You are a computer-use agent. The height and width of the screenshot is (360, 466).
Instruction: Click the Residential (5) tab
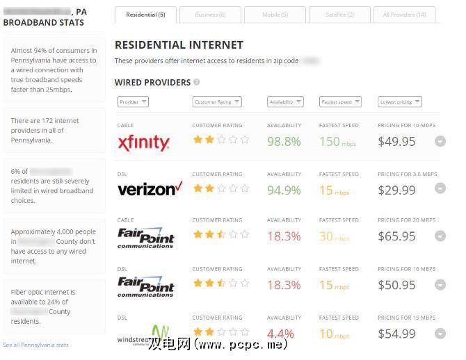click(146, 15)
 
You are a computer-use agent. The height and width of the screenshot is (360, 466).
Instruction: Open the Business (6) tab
click(210, 15)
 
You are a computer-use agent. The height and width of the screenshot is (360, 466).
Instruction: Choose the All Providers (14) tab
click(404, 15)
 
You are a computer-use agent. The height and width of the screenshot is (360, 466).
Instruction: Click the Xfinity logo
click(144, 143)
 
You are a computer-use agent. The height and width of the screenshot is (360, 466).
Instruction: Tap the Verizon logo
click(150, 189)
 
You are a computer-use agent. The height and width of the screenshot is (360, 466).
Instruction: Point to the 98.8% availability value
click(284, 142)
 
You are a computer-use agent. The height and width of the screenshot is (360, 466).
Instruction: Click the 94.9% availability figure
click(284, 190)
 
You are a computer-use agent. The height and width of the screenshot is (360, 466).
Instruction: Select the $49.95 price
click(396, 142)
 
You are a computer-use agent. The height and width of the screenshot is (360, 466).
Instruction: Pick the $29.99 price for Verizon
click(396, 190)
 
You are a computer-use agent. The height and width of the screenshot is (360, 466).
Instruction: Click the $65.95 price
click(396, 236)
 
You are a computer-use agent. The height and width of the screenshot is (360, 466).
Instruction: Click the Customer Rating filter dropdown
click(217, 102)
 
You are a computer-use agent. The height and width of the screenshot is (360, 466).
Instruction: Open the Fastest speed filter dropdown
click(340, 102)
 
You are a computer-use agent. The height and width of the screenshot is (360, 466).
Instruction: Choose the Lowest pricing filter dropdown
click(400, 102)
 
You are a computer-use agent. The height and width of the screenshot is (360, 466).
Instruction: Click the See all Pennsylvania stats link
click(35, 345)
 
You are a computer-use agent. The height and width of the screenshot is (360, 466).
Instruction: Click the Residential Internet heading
click(179, 44)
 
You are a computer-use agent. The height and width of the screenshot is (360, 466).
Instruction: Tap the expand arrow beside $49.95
click(440, 141)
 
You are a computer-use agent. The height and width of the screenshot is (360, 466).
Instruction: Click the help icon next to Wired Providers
click(197, 82)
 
